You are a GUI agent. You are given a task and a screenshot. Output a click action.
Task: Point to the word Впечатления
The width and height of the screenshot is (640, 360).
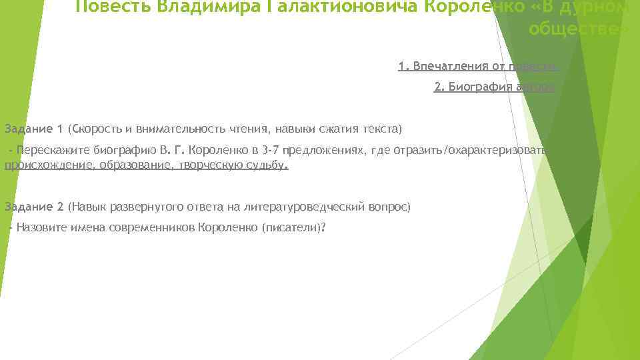tap(445, 66)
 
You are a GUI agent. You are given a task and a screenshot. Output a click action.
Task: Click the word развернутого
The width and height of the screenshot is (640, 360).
tap(131, 207)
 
